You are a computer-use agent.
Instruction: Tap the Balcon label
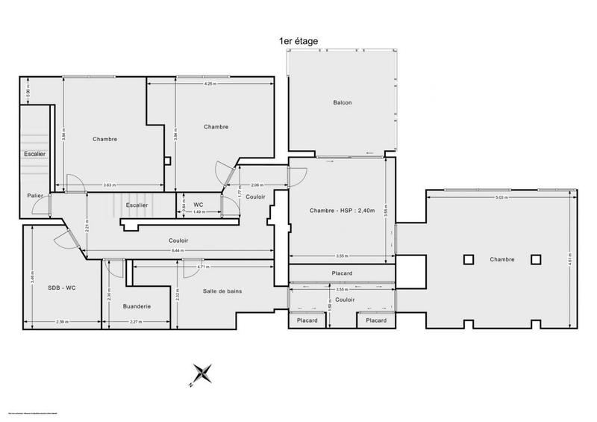343,102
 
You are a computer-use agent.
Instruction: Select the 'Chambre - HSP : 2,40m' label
341,211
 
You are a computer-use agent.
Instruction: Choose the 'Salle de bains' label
222,291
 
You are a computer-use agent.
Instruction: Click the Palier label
34,196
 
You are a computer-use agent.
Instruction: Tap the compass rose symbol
202,374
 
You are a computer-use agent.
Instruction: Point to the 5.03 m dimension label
501,198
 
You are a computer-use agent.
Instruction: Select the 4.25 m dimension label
210,84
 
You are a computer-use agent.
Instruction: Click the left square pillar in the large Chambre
468,259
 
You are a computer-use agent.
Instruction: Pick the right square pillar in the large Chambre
536,259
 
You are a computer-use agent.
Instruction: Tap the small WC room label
199,204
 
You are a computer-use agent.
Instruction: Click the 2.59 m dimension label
62,323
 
